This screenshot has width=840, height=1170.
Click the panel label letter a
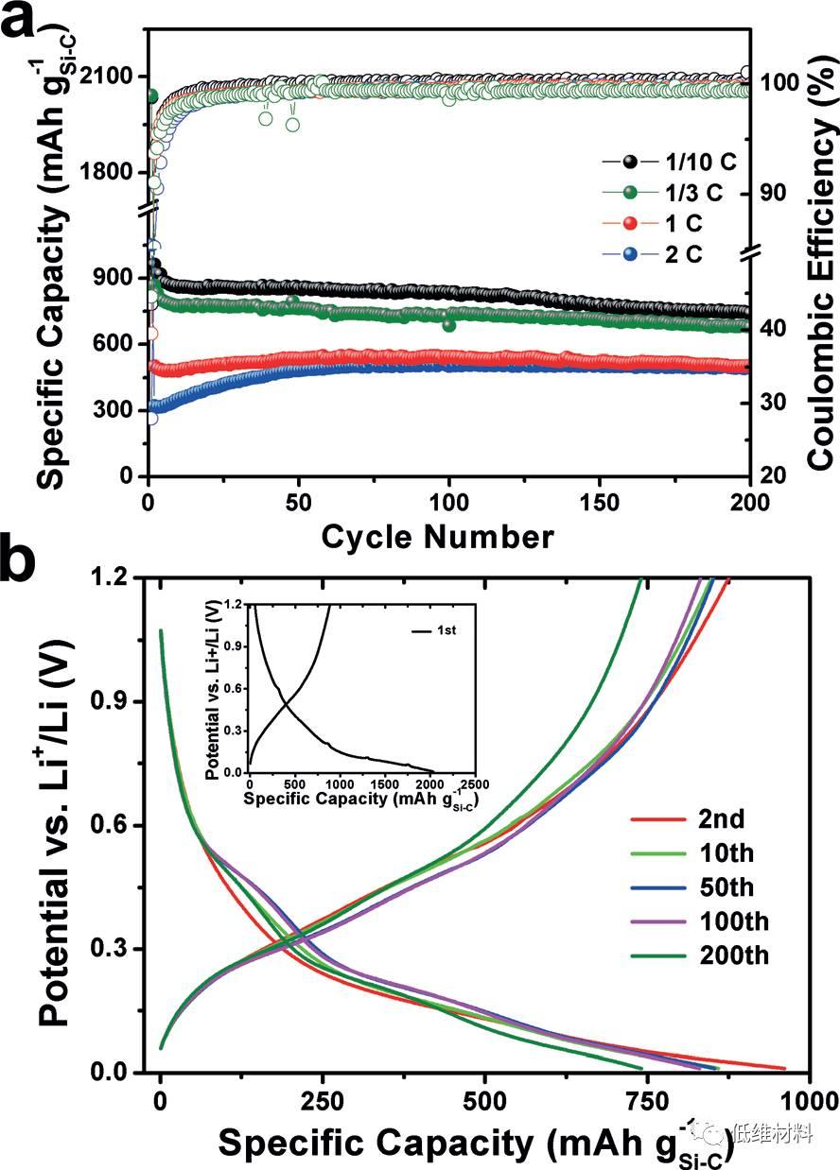pyautogui.click(x=22, y=21)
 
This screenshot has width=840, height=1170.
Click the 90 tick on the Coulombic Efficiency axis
pyautogui.click(x=776, y=192)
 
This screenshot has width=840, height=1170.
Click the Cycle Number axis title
pyautogui.click(x=437, y=537)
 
